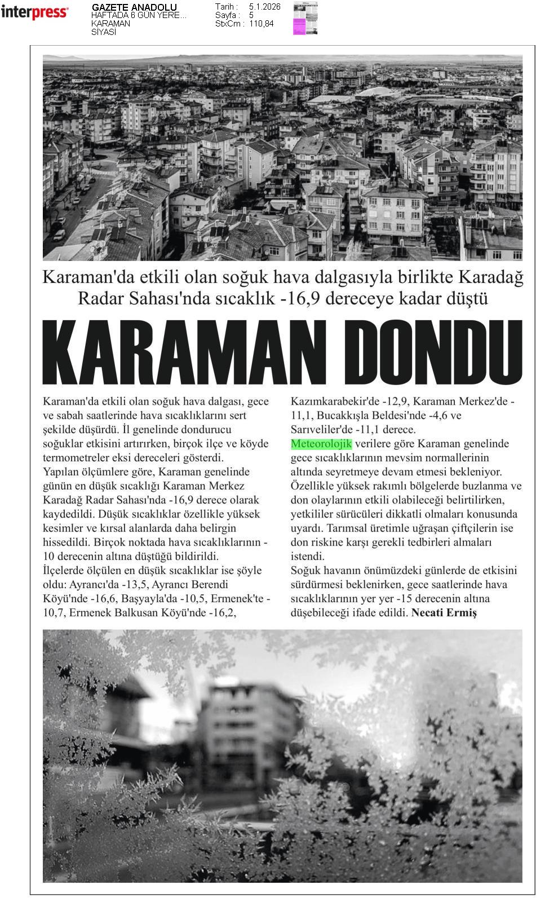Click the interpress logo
click(34, 12)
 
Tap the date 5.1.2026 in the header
click(264, 7)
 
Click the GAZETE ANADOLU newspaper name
click(134, 7)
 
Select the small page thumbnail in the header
click(305, 18)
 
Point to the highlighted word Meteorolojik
click(321, 444)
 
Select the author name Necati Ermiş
click(444, 613)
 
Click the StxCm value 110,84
click(261, 24)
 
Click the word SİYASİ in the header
click(104, 32)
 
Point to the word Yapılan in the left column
click(60, 472)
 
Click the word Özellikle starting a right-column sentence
click(312, 486)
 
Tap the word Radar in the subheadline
click(98, 298)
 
